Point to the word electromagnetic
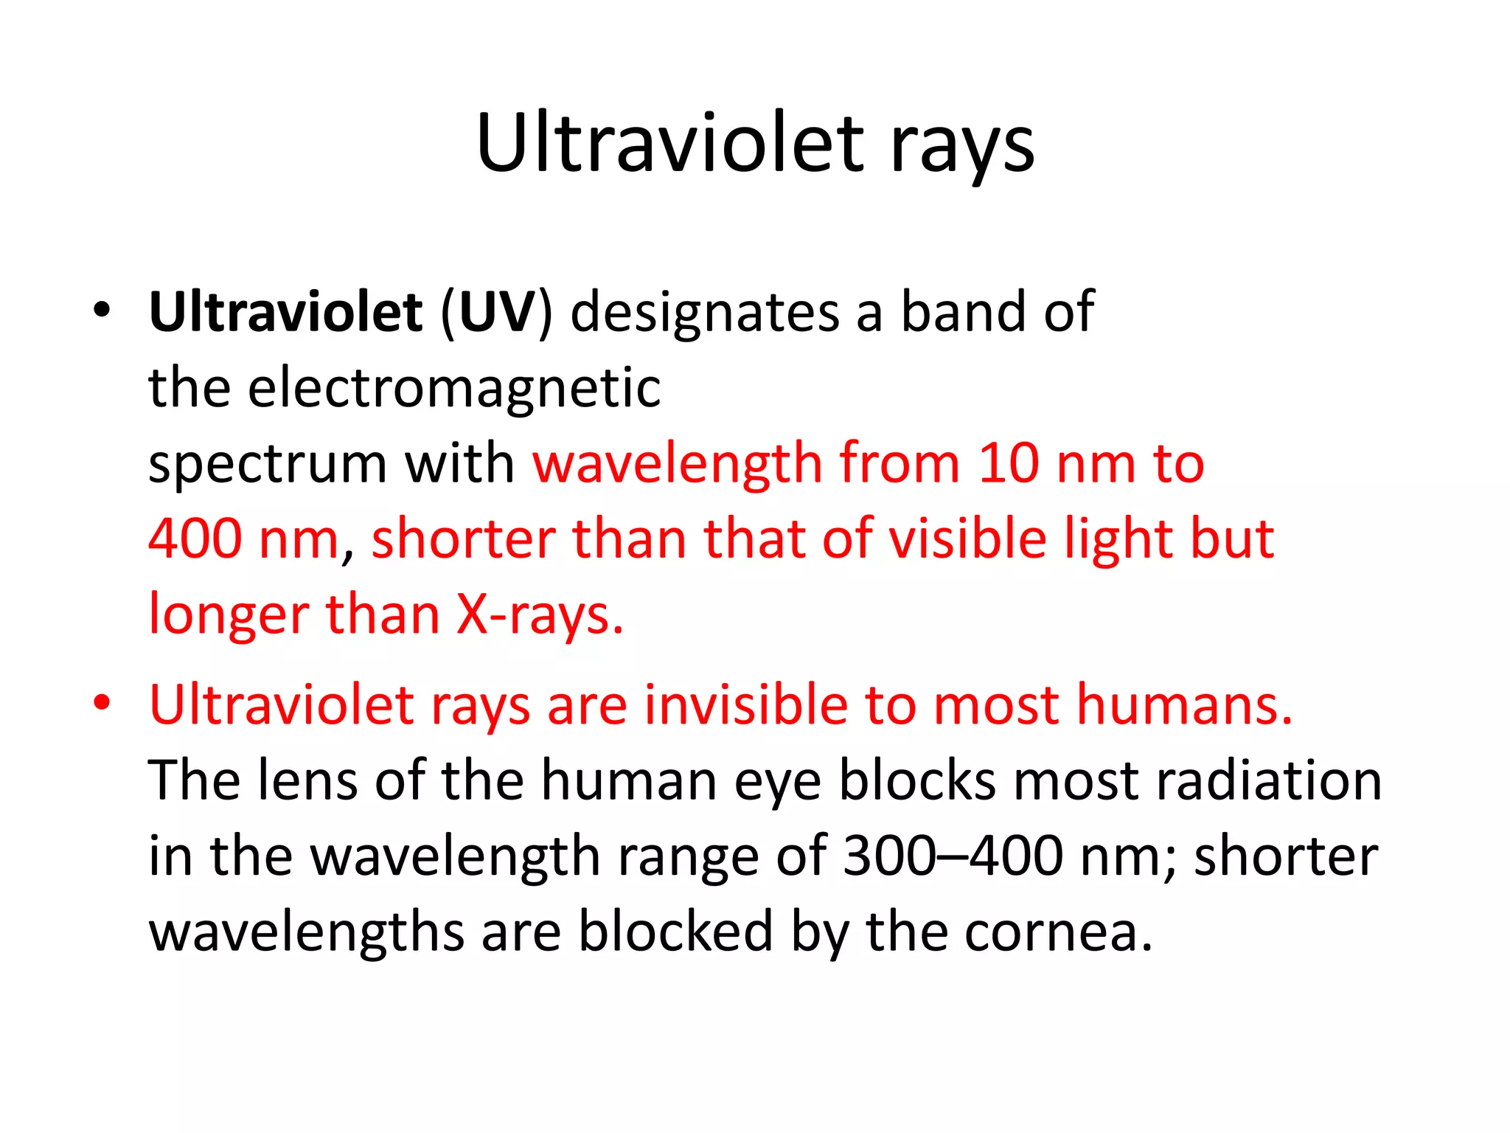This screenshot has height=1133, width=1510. point(453,389)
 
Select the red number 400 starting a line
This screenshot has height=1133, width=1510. point(195,538)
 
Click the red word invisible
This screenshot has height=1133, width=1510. point(745,704)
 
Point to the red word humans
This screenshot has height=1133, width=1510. point(1184,704)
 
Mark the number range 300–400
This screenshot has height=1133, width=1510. point(953,856)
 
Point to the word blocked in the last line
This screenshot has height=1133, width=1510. point(675,931)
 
